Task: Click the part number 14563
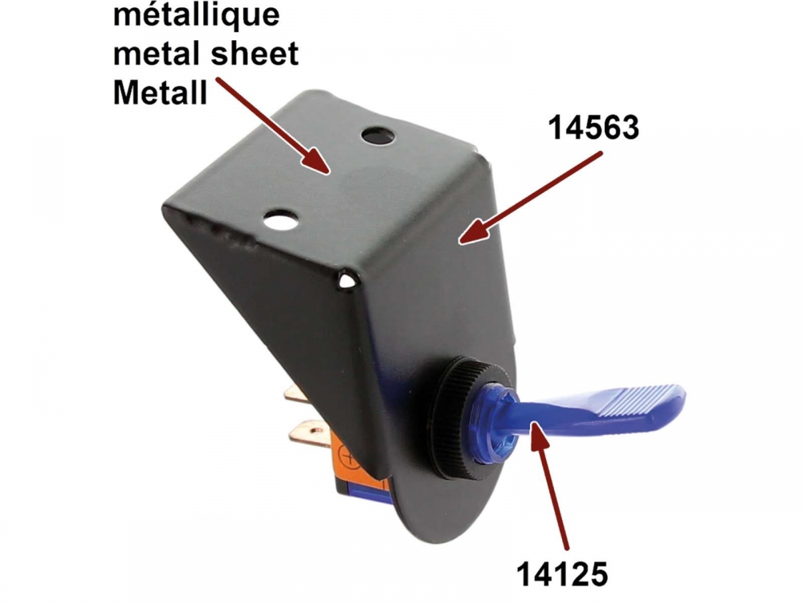pos(593,127)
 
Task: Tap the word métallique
pos(196,14)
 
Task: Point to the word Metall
pos(160,92)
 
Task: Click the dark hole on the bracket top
pos(378,136)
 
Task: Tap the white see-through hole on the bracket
pos(279,220)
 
